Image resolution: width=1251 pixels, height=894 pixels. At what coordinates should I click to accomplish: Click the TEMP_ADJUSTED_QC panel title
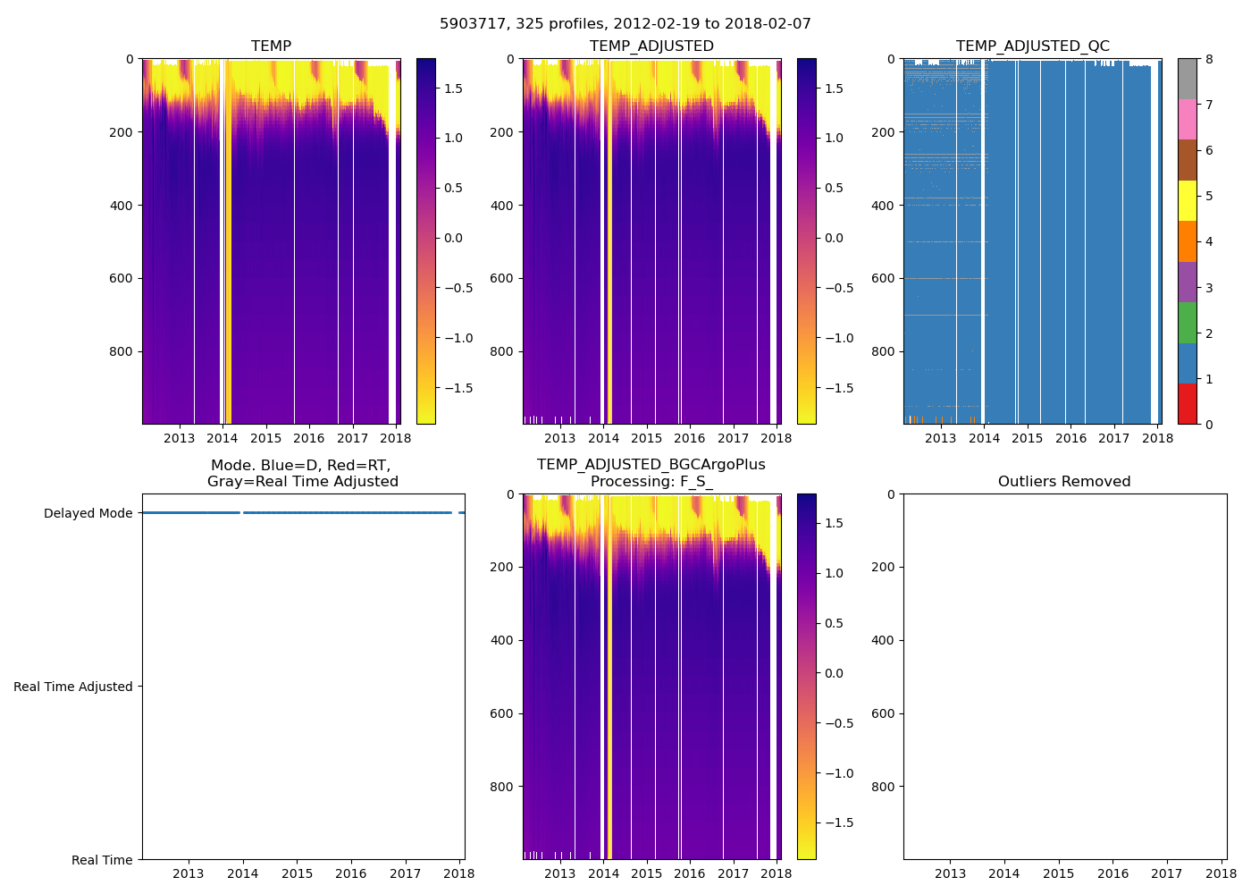coord(1032,46)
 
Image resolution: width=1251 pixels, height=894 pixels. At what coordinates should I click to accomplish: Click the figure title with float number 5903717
coord(625,24)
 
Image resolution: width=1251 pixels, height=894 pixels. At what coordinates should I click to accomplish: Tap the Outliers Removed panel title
coord(1063,482)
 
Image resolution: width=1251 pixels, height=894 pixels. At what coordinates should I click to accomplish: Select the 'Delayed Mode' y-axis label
coord(88,513)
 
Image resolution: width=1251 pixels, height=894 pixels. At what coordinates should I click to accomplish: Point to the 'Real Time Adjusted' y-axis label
coord(72,687)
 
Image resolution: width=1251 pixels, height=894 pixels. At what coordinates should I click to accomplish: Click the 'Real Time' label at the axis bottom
coord(102,860)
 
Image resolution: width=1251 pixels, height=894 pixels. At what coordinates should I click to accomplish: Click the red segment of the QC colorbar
coord(1187,404)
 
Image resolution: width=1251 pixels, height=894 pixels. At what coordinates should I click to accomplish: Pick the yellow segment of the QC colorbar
coord(1187,201)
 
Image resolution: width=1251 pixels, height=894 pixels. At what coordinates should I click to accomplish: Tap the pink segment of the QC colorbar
coord(1187,120)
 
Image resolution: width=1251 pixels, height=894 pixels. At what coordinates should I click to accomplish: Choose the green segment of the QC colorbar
coord(1187,323)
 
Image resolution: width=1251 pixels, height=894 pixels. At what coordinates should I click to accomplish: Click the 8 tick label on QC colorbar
coord(1209,59)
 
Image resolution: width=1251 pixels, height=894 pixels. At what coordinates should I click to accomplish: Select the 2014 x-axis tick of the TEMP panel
coord(222,438)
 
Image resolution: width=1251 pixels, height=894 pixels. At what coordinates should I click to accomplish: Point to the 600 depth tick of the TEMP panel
coord(123,278)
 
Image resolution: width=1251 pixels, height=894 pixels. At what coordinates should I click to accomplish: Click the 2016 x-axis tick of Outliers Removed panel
coord(1112,873)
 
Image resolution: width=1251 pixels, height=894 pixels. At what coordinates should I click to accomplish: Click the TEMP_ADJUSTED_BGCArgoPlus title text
coord(651,465)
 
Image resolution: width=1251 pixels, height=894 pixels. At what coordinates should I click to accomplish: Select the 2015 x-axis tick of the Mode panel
coord(297,873)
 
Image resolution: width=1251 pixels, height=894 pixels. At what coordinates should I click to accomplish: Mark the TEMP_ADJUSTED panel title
coord(651,46)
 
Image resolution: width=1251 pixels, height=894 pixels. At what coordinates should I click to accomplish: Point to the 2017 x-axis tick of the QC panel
coord(1113,438)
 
